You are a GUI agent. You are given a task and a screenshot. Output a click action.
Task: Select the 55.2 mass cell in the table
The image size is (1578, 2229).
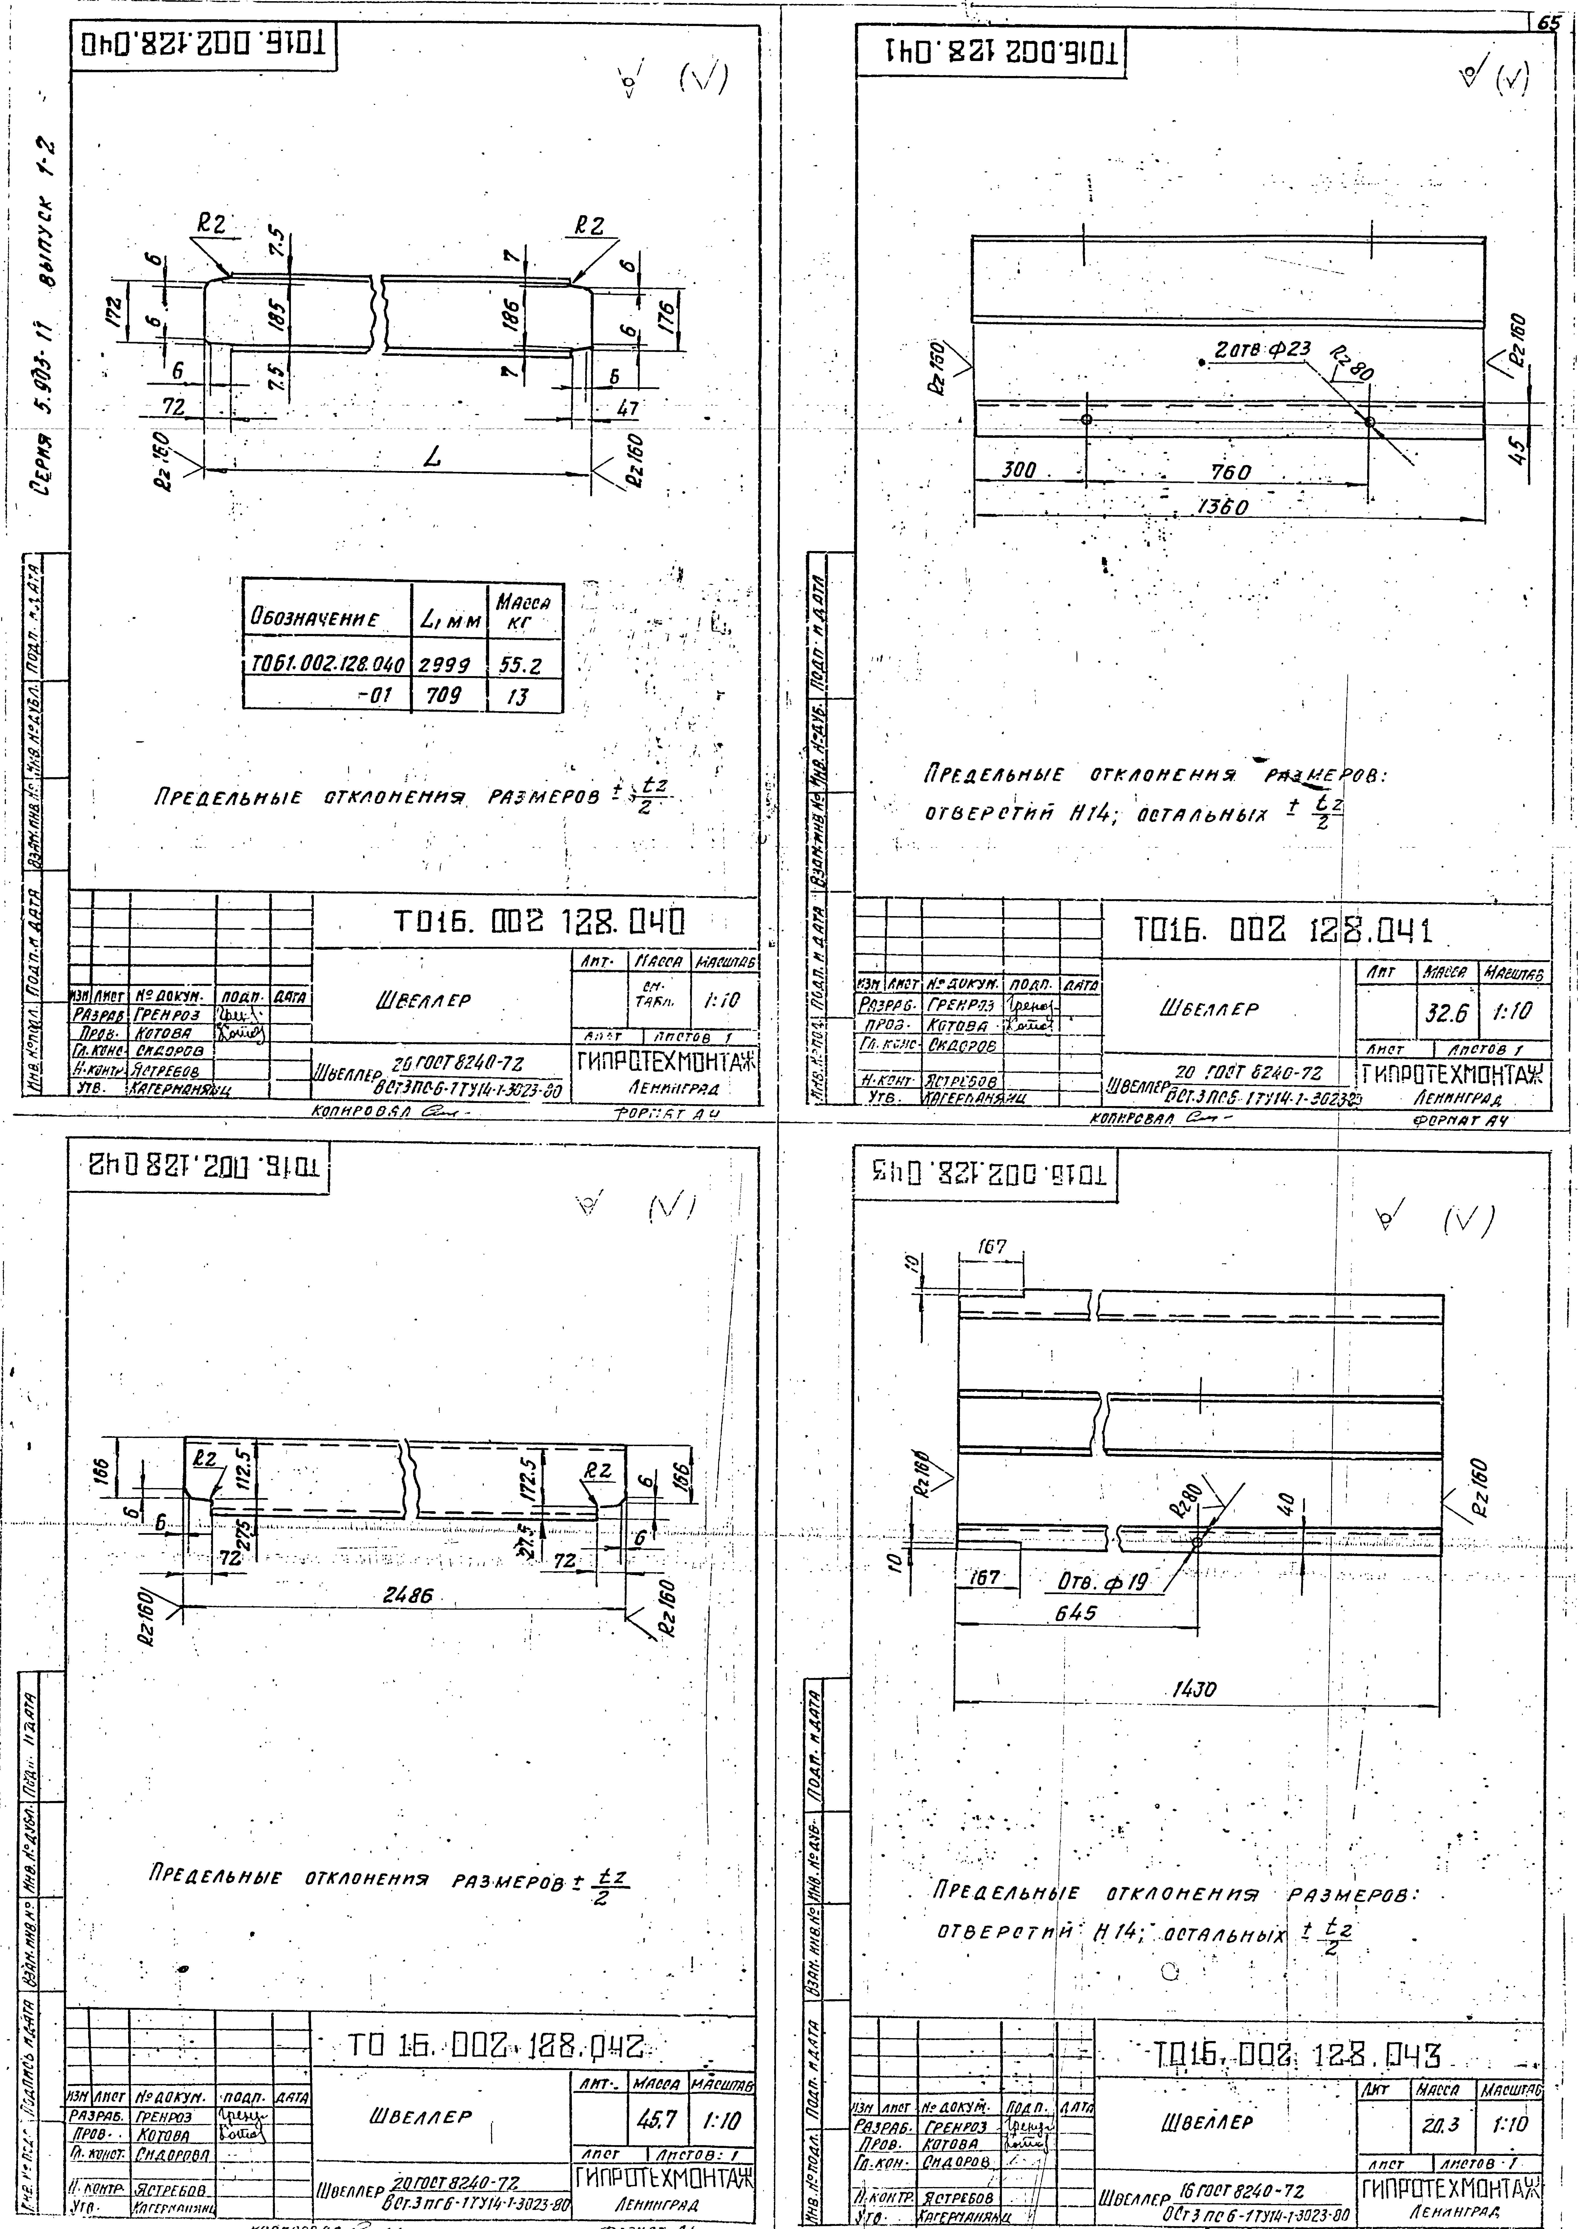coord(521,665)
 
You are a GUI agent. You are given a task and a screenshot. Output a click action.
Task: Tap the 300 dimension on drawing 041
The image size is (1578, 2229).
coord(1019,470)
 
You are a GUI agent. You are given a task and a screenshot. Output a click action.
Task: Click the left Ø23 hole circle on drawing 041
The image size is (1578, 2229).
coord(1086,420)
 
